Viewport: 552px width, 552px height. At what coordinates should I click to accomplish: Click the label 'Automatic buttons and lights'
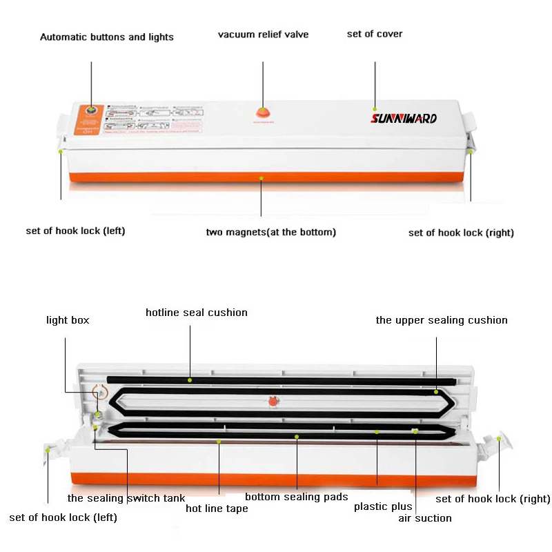107,37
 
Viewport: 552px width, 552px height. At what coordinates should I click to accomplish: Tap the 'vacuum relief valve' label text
263,34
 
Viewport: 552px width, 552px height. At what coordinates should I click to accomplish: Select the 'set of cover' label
375,34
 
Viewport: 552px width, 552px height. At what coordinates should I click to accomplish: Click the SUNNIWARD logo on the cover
404,118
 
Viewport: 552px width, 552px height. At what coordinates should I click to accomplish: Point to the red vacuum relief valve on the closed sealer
262,112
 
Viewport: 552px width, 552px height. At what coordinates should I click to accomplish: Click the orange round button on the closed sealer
90,110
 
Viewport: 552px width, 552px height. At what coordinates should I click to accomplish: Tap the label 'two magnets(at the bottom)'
271,232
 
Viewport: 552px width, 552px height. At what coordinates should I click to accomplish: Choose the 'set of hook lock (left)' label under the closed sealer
75,230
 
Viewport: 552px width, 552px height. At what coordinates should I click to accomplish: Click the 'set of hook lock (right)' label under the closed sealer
461,233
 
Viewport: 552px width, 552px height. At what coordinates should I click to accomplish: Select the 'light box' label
68,319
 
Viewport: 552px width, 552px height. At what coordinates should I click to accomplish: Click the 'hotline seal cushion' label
197,313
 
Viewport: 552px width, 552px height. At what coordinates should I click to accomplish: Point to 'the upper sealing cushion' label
442,319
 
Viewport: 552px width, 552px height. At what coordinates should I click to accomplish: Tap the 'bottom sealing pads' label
297,497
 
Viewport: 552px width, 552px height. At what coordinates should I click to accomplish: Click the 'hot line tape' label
217,509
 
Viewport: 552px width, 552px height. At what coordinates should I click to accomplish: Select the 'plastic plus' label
383,506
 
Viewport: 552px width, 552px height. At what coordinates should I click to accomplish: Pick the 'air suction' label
425,517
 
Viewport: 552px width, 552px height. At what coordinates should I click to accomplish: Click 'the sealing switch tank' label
126,497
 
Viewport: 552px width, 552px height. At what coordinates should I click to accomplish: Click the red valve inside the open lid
272,401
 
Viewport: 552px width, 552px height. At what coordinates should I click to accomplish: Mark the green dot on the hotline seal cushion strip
190,379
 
